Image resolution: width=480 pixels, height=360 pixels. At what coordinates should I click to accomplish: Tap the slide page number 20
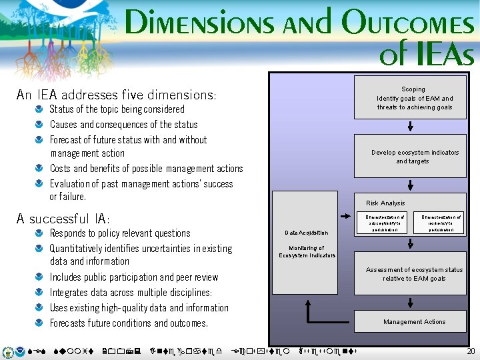coord(471,351)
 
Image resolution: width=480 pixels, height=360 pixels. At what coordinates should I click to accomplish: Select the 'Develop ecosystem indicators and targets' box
coord(414,157)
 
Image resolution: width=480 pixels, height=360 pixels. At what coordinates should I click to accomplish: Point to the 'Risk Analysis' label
coord(385,203)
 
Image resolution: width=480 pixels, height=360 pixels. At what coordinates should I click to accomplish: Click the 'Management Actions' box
coord(414,321)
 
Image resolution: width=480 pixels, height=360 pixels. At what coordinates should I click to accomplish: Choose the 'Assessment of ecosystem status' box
coord(414,274)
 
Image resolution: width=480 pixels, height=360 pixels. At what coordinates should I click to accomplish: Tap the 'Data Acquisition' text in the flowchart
coord(306,233)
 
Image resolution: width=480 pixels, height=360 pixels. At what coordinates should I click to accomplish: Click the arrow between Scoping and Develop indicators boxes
coord(411,127)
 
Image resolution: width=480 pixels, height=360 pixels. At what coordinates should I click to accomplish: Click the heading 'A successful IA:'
coord(63,219)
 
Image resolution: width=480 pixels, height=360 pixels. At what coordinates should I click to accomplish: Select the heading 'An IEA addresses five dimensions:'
coord(116,95)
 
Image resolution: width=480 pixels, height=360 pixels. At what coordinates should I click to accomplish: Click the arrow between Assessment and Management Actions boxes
coord(411,300)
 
